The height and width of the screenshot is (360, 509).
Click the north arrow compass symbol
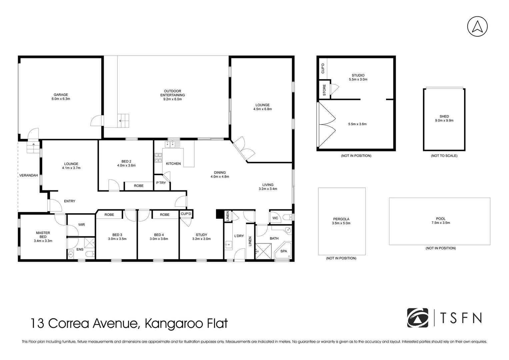(477, 27)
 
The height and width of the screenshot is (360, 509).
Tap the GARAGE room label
(61, 95)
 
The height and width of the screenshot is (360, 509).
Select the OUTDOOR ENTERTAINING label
(172, 93)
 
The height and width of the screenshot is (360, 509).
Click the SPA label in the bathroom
(283, 251)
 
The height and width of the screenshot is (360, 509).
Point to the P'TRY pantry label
(161, 183)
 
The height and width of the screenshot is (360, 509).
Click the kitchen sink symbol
(171, 144)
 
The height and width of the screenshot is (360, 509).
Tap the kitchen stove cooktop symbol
(158, 158)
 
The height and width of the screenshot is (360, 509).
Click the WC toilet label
(275, 218)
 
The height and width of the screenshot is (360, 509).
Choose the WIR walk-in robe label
(82, 225)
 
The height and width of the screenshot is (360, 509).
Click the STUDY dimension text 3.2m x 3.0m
(201, 239)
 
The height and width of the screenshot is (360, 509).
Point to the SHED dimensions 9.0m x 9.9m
(444, 121)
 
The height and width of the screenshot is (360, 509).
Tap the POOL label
(441, 219)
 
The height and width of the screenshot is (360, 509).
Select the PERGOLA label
(341, 219)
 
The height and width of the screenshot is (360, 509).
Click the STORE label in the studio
(324, 90)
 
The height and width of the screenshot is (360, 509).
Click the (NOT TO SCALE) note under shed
(444, 156)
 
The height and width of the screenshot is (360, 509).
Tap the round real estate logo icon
(418, 318)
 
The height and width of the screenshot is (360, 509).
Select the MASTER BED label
(43, 235)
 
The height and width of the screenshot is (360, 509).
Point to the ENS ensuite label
(80, 249)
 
